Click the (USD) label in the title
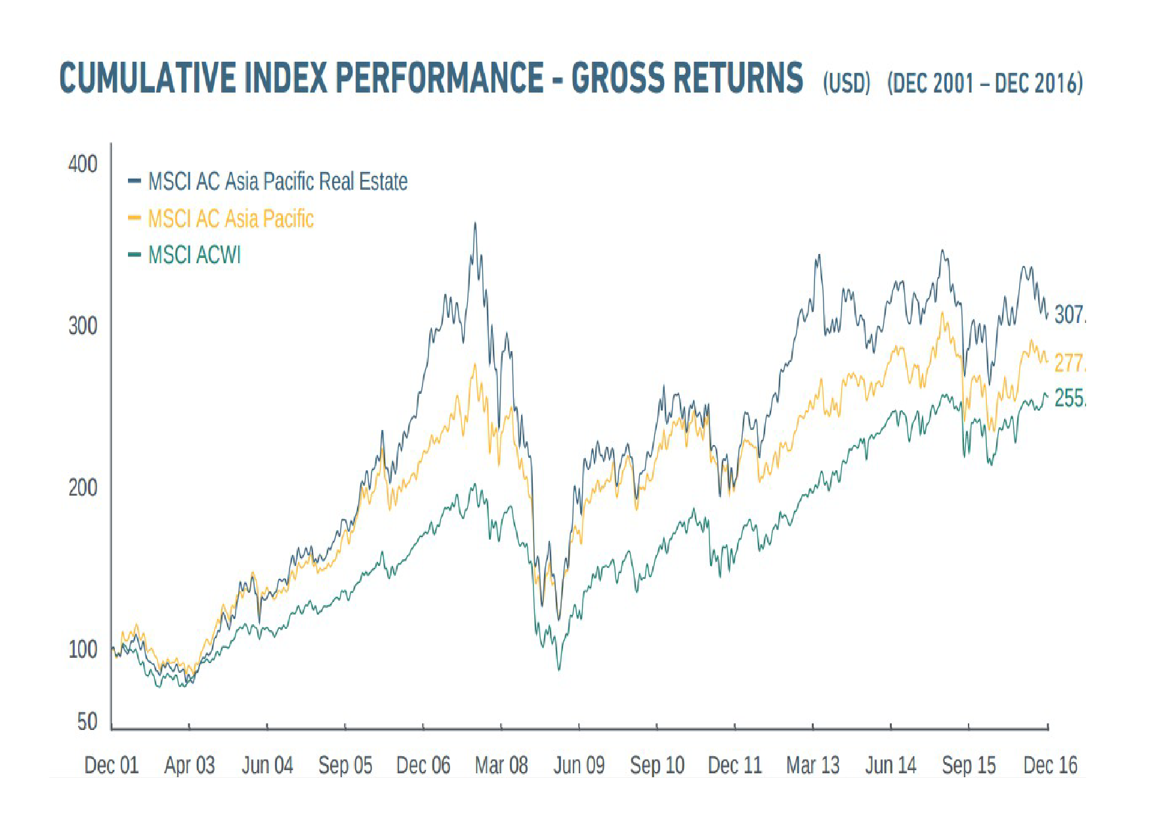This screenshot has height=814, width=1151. point(847,83)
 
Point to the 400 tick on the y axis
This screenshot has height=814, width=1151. point(83,163)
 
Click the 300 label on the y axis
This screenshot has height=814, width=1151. point(83,326)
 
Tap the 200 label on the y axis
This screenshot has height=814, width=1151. point(83,488)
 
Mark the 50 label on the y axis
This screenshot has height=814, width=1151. point(87,722)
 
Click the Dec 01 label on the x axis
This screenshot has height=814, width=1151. point(112,765)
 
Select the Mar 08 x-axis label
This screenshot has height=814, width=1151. point(501,765)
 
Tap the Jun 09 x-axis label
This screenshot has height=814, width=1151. point(579,765)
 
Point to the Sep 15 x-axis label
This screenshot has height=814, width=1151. point(969,765)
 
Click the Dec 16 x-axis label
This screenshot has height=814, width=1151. point(1050,765)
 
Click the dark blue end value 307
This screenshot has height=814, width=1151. point(1069,314)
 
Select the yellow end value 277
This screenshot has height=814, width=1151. point(1069,362)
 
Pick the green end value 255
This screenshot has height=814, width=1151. point(1069,398)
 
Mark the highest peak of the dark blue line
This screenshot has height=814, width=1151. point(475,223)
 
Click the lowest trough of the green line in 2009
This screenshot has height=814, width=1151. point(559,670)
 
